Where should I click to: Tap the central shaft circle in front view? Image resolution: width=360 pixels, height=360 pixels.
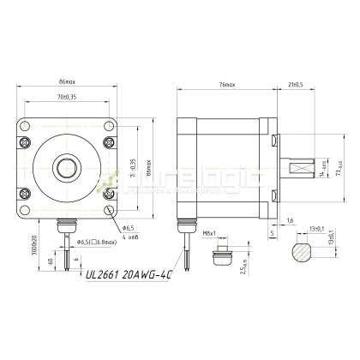pyautogui.click(x=66, y=163)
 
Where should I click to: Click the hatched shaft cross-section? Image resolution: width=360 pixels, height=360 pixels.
pyautogui.click(x=304, y=251)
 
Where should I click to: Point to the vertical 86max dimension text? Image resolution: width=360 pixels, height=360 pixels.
pyautogui.click(x=148, y=163)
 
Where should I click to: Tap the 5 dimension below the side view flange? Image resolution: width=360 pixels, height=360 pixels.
pyautogui.click(x=272, y=231)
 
